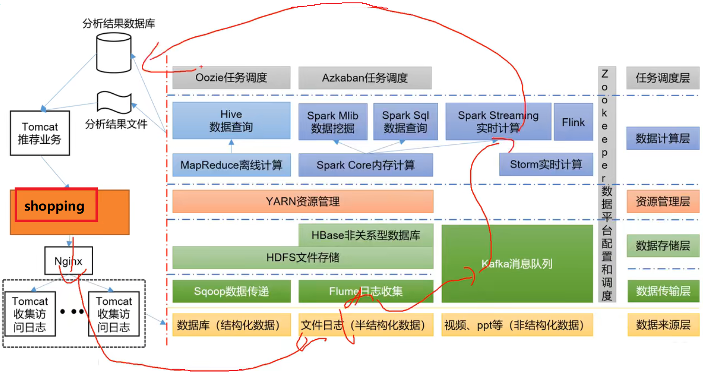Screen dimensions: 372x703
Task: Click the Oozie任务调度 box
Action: [231, 78]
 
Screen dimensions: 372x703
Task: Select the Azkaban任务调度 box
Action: [365, 78]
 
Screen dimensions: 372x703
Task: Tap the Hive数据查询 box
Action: [231, 121]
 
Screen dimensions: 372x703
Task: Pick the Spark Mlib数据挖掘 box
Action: [332, 122]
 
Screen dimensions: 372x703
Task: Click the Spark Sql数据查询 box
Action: [405, 122]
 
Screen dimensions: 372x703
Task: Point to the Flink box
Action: [573, 122]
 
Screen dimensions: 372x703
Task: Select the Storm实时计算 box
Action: [546, 165]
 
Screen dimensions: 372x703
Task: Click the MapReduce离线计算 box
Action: [231, 165]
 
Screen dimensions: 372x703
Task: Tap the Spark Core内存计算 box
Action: [365, 165]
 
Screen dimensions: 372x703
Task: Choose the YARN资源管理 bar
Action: [303, 202]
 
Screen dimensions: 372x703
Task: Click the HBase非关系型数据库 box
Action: [365, 235]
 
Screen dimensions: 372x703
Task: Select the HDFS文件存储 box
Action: [303, 257]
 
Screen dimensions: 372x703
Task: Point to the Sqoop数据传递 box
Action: [231, 291]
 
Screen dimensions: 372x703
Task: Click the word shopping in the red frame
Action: [54, 206]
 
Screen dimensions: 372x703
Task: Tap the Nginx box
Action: [68, 261]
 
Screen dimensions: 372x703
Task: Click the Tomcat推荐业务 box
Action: [40, 133]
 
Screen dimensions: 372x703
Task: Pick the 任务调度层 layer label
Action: [663, 78]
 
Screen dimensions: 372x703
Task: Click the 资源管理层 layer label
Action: [663, 202]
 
